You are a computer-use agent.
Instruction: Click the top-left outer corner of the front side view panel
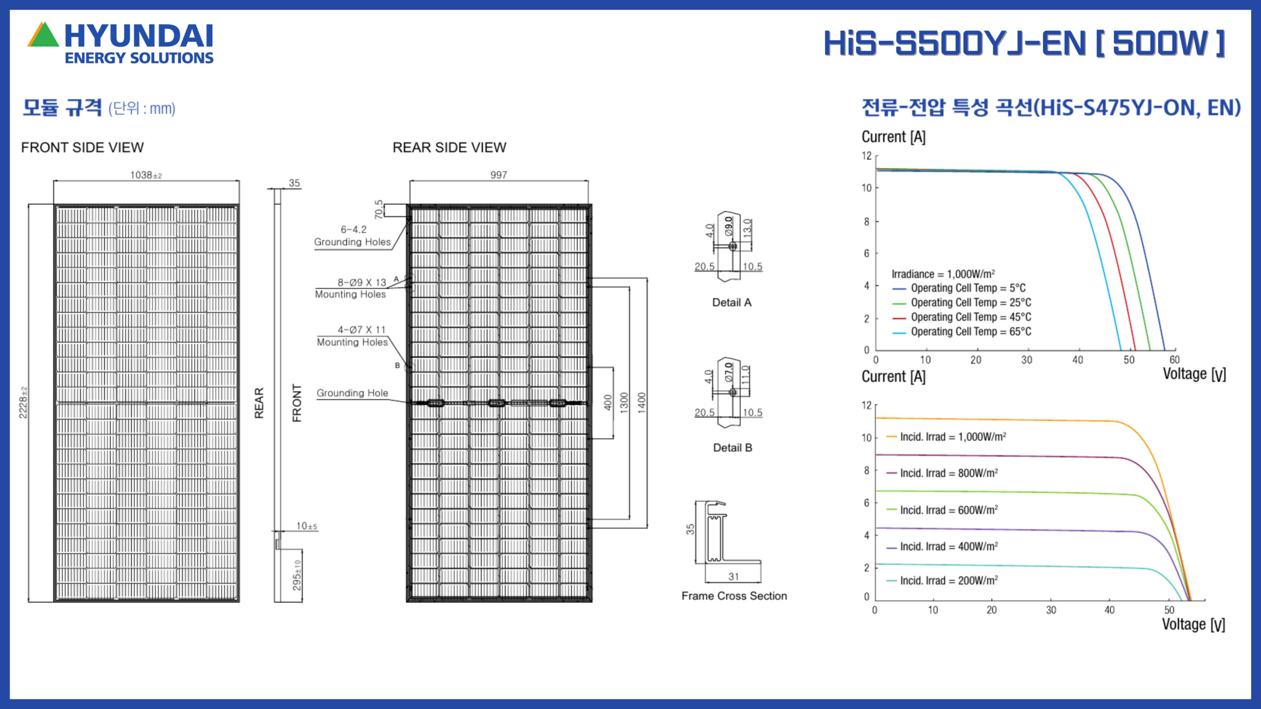pyautogui.click(x=54, y=204)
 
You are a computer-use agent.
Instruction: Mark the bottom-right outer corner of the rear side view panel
pyautogui.click(x=592, y=602)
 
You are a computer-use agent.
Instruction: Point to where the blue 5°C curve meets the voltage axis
pyautogui.click(x=1165, y=350)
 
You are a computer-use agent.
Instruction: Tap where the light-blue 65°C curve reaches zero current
pyautogui.click(x=1121, y=350)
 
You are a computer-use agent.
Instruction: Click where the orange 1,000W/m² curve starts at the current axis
pyautogui.click(x=876, y=418)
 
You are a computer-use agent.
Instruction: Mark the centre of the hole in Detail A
pyautogui.click(x=732, y=246)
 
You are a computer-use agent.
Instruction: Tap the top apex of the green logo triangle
pyautogui.click(x=44, y=22)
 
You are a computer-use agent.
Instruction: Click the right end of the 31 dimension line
pyautogui.click(x=761, y=582)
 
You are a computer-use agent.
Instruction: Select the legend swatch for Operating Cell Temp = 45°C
pyautogui.click(x=899, y=318)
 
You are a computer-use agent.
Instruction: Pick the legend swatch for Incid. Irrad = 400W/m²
pyautogui.click(x=891, y=548)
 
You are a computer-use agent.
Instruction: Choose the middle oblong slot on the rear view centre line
pyautogui.click(x=496, y=403)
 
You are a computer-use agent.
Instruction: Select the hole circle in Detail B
pyautogui.click(x=733, y=392)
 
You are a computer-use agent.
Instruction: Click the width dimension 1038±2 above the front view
pyautogui.click(x=146, y=175)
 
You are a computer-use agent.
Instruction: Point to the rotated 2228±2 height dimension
pyautogui.click(x=23, y=402)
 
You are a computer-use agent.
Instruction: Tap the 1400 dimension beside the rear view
pyautogui.click(x=641, y=402)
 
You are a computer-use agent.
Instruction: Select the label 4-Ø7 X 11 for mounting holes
pyautogui.click(x=362, y=329)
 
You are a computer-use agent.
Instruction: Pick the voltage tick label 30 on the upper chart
pyautogui.click(x=1027, y=360)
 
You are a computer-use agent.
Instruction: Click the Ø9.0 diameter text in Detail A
pyautogui.click(x=729, y=226)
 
